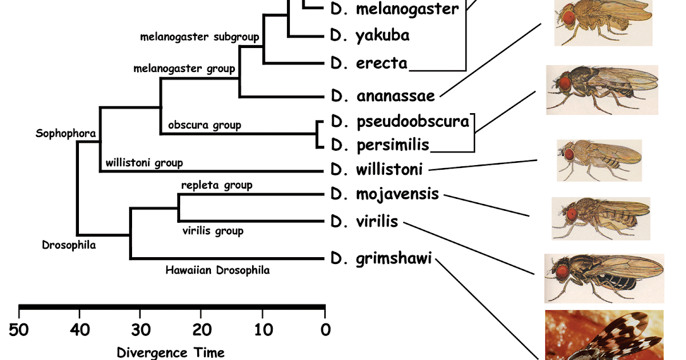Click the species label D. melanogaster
click(394, 9)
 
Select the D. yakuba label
click(370, 35)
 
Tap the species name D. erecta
click(369, 63)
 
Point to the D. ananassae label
click(382, 95)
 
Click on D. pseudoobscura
click(400, 122)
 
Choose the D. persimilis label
click(380, 145)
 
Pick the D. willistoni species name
click(376, 170)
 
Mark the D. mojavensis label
click(385, 194)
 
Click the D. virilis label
click(364, 222)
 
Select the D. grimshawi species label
click(381, 259)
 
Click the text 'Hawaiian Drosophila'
click(217, 270)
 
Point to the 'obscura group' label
click(204, 125)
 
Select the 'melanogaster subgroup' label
click(200, 37)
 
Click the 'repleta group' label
click(217, 185)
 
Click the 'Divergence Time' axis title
click(170, 352)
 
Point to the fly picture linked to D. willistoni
click(599, 160)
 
